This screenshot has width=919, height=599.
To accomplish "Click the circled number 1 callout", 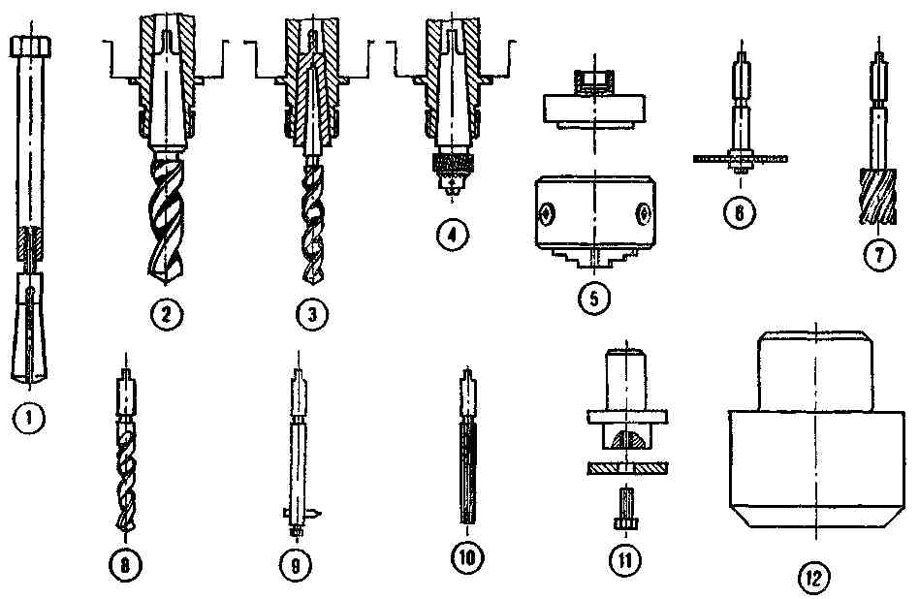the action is (29, 418).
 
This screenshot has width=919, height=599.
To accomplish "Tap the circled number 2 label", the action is (167, 314).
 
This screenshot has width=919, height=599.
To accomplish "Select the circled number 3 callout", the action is (312, 315).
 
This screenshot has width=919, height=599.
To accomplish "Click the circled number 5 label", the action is (593, 299).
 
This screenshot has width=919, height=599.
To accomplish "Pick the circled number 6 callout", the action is (740, 211).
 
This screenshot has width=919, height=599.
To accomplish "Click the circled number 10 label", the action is (467, 556).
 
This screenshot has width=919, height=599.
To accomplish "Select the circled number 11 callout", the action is (624, 561).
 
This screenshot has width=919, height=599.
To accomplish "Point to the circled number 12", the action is (814, 579).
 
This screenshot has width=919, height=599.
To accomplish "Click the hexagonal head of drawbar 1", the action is (30, 46).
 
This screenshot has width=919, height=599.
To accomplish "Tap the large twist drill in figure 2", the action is (167, 215).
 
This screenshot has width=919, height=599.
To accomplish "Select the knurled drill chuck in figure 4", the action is (451, 170).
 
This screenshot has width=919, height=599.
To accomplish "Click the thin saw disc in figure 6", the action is (741, 158).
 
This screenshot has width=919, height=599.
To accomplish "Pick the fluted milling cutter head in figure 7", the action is (878, 197).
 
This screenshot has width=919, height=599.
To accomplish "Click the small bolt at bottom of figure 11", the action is (626, 509).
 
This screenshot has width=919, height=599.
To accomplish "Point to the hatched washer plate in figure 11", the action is (627, 468).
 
